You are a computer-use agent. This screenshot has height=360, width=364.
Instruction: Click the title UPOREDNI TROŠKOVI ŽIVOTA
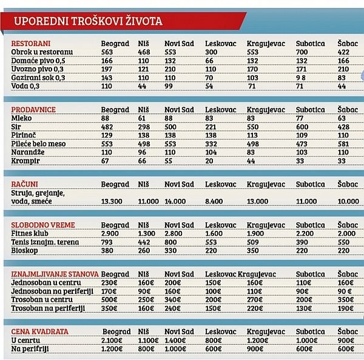click(88, 21)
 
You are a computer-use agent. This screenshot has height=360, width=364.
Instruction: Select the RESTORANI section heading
click(31, 44)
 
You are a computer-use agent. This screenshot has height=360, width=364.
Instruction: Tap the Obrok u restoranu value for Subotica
click(302, 52)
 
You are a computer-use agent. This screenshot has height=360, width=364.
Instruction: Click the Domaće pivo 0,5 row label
click(38, 61)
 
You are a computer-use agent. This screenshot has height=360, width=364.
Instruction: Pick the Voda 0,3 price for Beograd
click(107, 86)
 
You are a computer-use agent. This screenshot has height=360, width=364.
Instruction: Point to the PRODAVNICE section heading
click(33, 110)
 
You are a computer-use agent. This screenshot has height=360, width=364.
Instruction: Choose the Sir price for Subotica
click(302, 127)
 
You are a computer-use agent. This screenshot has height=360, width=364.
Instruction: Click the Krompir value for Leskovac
click(209, 161)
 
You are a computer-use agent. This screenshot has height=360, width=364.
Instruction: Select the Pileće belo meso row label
click(38, 144)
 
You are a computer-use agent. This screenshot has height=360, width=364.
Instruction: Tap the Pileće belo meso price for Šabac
click(343, 144)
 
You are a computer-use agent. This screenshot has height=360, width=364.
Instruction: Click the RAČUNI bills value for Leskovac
click(214, 201)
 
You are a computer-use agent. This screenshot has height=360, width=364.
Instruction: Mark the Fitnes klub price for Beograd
click(110, 233)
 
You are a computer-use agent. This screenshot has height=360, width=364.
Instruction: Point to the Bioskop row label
click(24, 250)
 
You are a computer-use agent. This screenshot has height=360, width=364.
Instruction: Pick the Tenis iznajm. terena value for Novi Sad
click(170, 242)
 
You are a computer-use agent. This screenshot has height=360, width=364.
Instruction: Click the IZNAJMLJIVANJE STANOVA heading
click(55, 274)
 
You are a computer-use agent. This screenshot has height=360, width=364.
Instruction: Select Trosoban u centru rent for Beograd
click(109, 299)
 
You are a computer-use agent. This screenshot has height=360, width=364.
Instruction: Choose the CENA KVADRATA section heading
click(39, 332)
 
